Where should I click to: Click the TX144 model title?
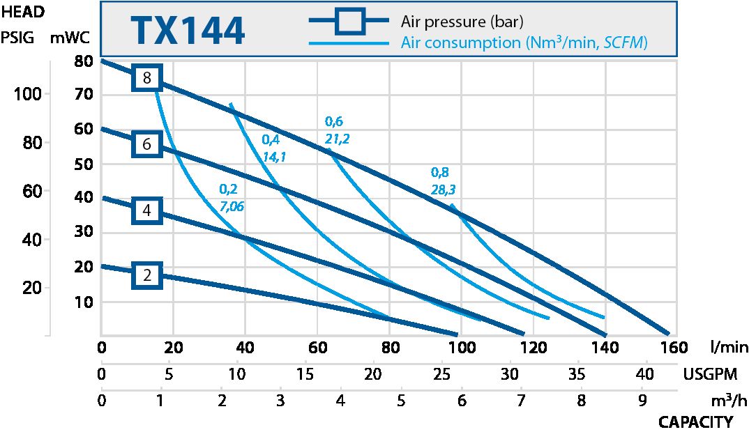188,31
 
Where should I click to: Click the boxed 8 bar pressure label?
147,78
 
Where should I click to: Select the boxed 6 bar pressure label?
147,144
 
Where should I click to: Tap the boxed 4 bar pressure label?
147,210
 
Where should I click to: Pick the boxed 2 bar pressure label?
147,275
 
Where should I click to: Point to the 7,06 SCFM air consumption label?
232,207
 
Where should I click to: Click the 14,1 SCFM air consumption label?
274,157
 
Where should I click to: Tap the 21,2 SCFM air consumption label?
338,139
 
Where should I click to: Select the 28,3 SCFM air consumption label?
444,190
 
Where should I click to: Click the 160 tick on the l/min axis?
669,347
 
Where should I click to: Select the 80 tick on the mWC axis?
83,61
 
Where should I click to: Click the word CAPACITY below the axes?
695,422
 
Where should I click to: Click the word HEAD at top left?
23,12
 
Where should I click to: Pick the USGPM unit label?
710,374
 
